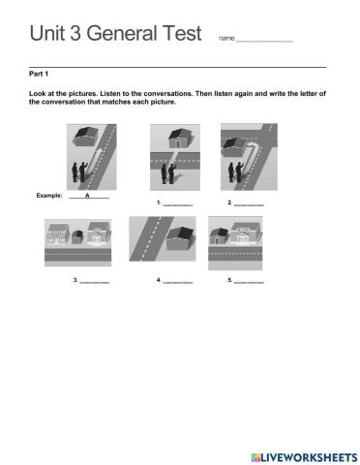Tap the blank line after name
coord(264,39)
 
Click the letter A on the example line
coord(87,196)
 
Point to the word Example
coord(49,196)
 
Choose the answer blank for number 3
coord(95,282)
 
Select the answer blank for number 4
coord(178,282)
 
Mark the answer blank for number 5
coord(249,282)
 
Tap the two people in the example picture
coord(77,173)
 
